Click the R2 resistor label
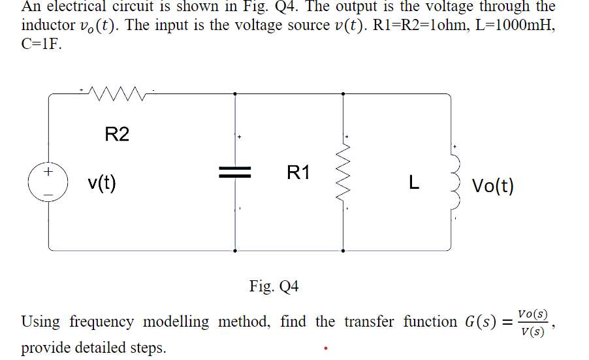click(x=117, y=135)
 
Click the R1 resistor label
click(x=298, y=173)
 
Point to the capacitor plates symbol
click(x=235, y=173)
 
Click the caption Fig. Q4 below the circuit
click(x=274, y=286)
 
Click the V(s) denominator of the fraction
click(x=532, y=332)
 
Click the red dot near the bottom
click(x=325, y=349)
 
